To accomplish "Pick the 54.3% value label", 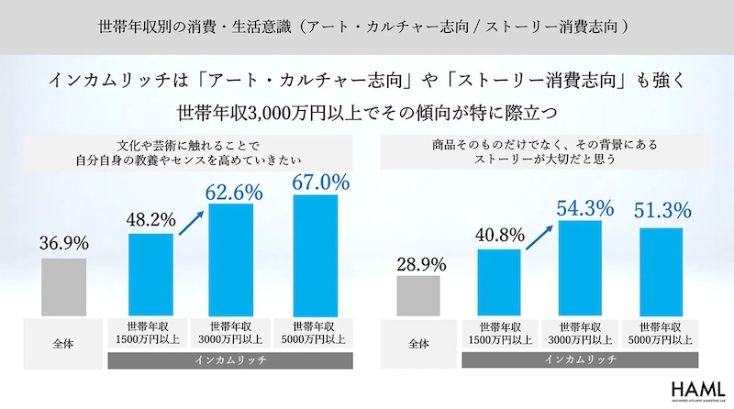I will (584, 208).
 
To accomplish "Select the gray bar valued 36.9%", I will (63, 287).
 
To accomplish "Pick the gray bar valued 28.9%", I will (419, 296).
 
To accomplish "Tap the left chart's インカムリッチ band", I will (233, 361).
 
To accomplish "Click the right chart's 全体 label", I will (419, 342).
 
